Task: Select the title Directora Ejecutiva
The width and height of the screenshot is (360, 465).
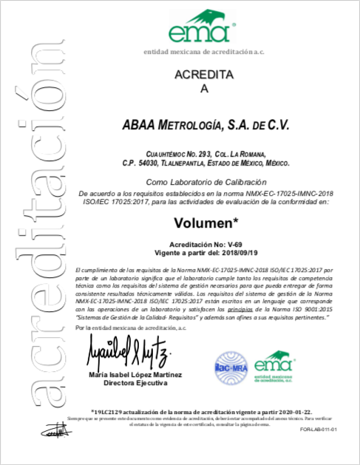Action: pos(133,384)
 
